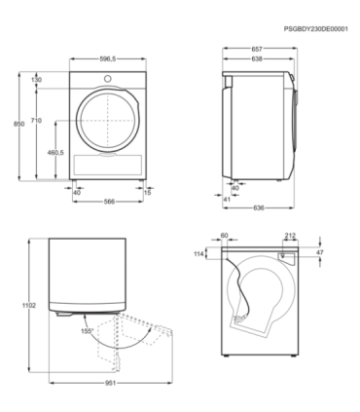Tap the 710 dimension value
point(36,120)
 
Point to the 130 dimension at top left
point(36,79)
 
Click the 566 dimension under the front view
point(110,203)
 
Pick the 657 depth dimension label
point(256,49)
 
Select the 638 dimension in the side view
point(256,58)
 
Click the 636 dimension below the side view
point(259,206)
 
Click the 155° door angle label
point(89,332)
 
